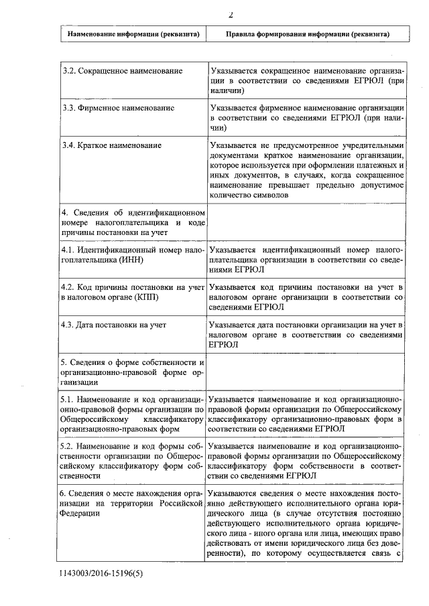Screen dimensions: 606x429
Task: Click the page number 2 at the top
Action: click(x=229, y=14)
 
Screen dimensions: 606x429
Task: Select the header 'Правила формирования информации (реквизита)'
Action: click(x=307, y=33)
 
